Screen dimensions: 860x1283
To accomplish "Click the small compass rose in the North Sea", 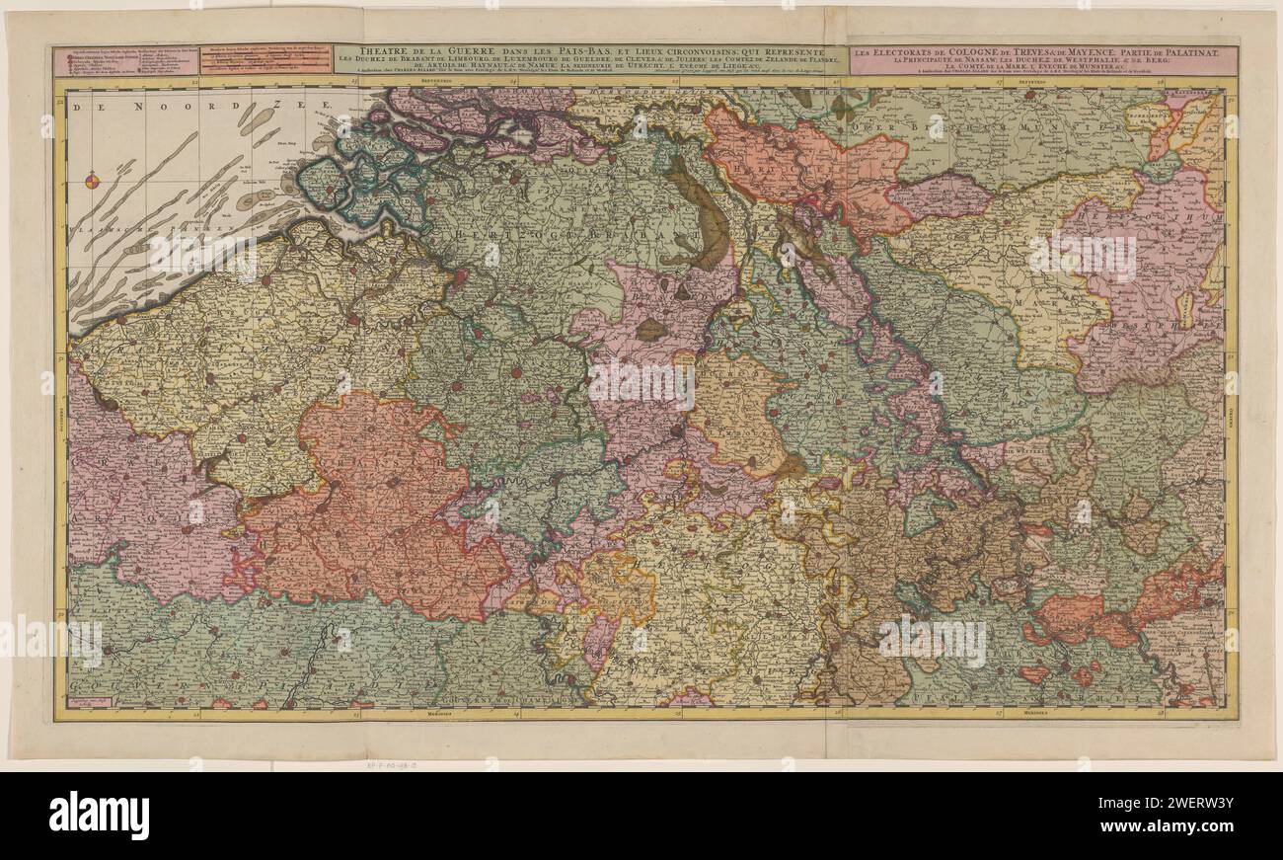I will [92, 180].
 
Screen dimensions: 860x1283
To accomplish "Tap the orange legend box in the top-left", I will [265, 59].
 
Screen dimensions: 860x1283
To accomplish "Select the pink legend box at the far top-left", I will [125, 59].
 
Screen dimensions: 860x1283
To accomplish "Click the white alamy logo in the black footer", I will [99, 816].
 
